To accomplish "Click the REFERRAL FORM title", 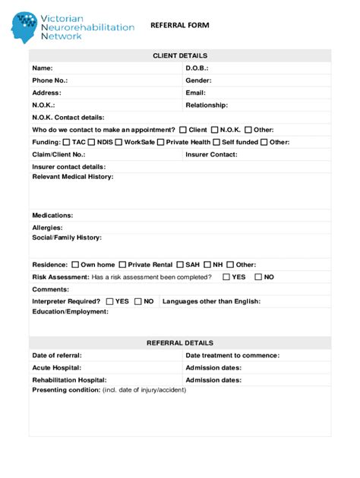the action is click(x=179, y=25).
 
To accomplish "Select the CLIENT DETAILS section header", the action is click(x=180, y=55).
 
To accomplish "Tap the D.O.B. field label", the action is click(x=197, y=68).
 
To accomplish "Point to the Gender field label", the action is click(x=198, y=80).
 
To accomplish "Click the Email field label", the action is click(x=196, y=93).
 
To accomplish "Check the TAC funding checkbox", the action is click(x=67, y=142).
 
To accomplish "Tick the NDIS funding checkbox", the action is click(x=92, y=142).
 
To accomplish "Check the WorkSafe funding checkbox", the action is click(x=118, y=142).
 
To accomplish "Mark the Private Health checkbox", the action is click(x=161, y=142).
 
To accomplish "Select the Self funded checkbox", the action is click(x=216, y=142).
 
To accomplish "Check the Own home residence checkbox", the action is click(x=74, y=265).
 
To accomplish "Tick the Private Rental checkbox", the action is click(x=122, y=265).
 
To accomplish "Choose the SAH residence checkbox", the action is click(x=180, y=265).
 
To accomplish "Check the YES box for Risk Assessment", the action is click(x=226, y=277).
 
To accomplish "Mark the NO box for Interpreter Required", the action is click(x=138, y=301).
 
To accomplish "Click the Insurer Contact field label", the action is click(x=211, y=154).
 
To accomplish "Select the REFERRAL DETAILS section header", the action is click(x=180, y=343).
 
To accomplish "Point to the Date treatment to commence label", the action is click(x=232, y=355).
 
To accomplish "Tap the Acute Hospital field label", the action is click(x=56, y=367).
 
